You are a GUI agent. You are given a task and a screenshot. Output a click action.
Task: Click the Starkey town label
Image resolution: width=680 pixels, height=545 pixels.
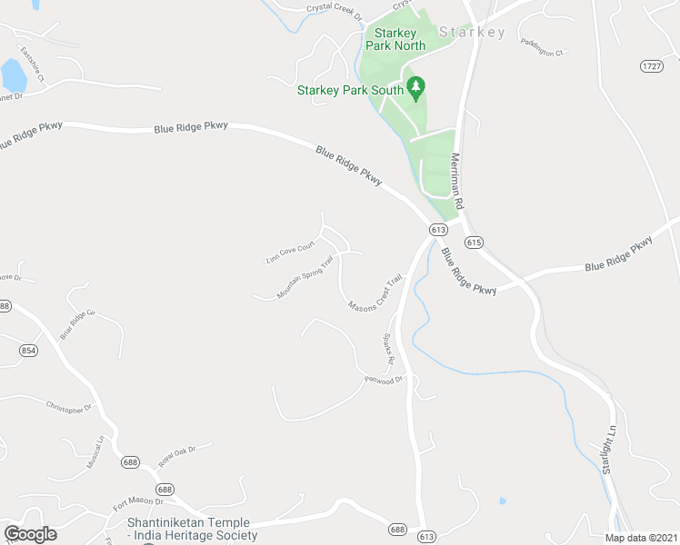472,33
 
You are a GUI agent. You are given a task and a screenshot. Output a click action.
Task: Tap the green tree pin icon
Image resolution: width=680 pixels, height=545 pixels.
416,89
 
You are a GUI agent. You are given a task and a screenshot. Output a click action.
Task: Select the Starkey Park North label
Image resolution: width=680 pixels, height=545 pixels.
395,38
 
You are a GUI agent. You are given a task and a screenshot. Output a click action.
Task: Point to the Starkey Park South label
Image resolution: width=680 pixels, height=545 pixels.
350,90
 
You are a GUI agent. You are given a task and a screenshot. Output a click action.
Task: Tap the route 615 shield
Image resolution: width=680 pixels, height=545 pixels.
473,243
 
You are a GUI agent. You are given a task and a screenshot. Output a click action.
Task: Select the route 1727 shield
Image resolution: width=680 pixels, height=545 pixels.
650,66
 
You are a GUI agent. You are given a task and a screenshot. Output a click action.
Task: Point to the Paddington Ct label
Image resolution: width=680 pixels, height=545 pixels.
543,47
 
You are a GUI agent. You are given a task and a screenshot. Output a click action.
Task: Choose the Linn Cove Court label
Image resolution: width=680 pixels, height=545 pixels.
290,253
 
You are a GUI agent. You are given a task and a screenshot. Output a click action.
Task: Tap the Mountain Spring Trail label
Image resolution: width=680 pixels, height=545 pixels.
305,277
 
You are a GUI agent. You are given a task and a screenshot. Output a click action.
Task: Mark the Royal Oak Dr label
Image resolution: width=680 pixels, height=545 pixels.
178,454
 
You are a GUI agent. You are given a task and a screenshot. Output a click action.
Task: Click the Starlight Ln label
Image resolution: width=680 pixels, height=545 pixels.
609,449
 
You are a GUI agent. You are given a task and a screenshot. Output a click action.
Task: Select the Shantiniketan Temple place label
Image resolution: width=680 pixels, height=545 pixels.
192,529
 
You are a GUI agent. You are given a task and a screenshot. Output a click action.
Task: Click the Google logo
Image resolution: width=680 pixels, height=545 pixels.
30,534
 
